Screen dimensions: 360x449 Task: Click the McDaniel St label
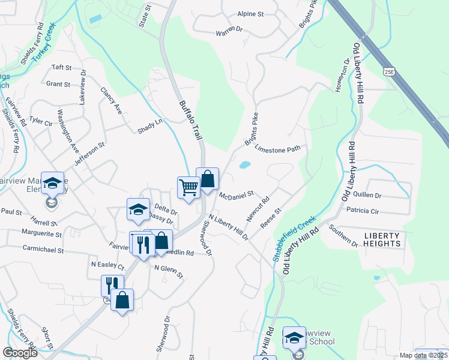pyautogui.click(x=237, y=196)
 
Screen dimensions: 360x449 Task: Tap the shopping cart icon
pyautogui.click(x=188, y=188)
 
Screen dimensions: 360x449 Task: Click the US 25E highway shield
pyautogui.click(x=389, y=71)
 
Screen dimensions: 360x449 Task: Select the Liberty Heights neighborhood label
pyautogui.click(x=382, y=240)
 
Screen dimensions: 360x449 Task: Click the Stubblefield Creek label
pyautogui.click(x=295, y=239)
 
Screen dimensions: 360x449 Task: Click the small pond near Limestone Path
pyautogui.click(x=245, y=164)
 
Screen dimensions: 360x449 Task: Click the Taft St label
pyautogui.click(x=62, y=67)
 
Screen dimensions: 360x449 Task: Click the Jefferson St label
pyautogui.click(x=89, y=154)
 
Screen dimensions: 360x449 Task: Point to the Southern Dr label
pyautogui.click(x=343, y=235)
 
